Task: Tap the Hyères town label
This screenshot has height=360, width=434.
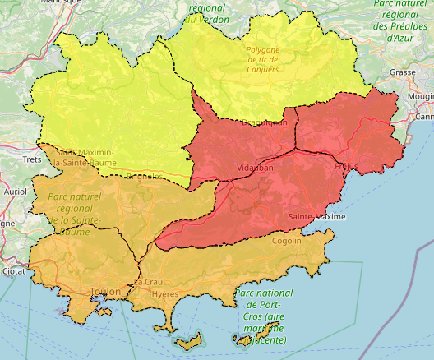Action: (165, 294)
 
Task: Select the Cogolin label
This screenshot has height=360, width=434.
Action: (286, 241)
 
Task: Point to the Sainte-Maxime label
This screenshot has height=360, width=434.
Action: (316, 216)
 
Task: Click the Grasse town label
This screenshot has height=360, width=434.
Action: (403, 72)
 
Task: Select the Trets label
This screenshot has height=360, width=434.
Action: (32, 159)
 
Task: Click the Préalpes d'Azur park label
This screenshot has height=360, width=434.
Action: (403, 21)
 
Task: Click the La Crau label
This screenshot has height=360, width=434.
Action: (148, 282)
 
